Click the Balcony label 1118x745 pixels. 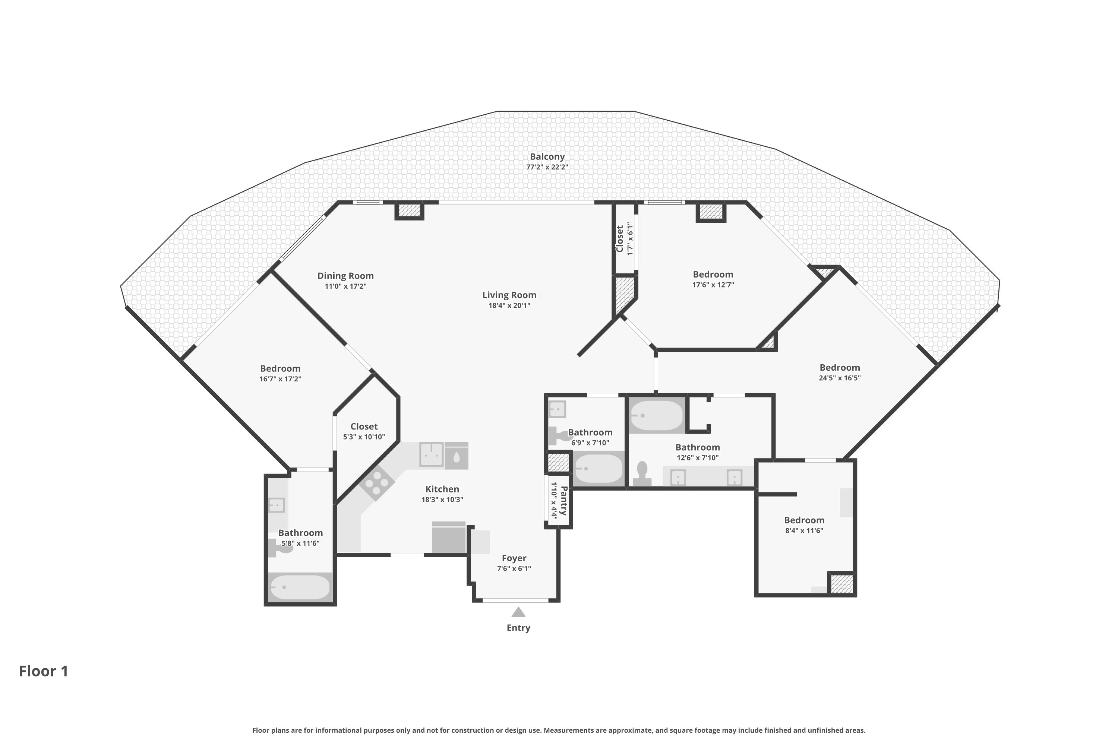click(x=547, y=157)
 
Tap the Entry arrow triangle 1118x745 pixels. click(x=518, y=612)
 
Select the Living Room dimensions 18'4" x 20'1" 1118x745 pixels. click(x=509, y=305)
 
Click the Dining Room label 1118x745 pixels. click(x=345, y=276)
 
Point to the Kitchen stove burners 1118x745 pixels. click(x=377, y=483)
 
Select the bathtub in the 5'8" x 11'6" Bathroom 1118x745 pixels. click(x=300, y=588)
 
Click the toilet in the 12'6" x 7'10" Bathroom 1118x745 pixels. click(x=642, y=474)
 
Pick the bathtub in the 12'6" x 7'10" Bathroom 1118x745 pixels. click(x=656, y=416)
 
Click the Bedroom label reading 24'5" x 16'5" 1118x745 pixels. click(x=840, y=368)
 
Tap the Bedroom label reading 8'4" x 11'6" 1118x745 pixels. click(x=804, y=520)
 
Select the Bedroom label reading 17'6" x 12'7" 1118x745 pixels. click(x=713, y=275)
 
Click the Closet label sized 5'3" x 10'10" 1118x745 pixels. click(x=364, y=427)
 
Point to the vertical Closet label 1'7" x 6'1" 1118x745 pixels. click(x=619, y=239)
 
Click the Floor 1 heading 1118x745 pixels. click(x=44, y=671)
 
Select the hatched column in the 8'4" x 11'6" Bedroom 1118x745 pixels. click(x=842, y=584)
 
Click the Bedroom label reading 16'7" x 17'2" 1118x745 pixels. click(x=280, y=369)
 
